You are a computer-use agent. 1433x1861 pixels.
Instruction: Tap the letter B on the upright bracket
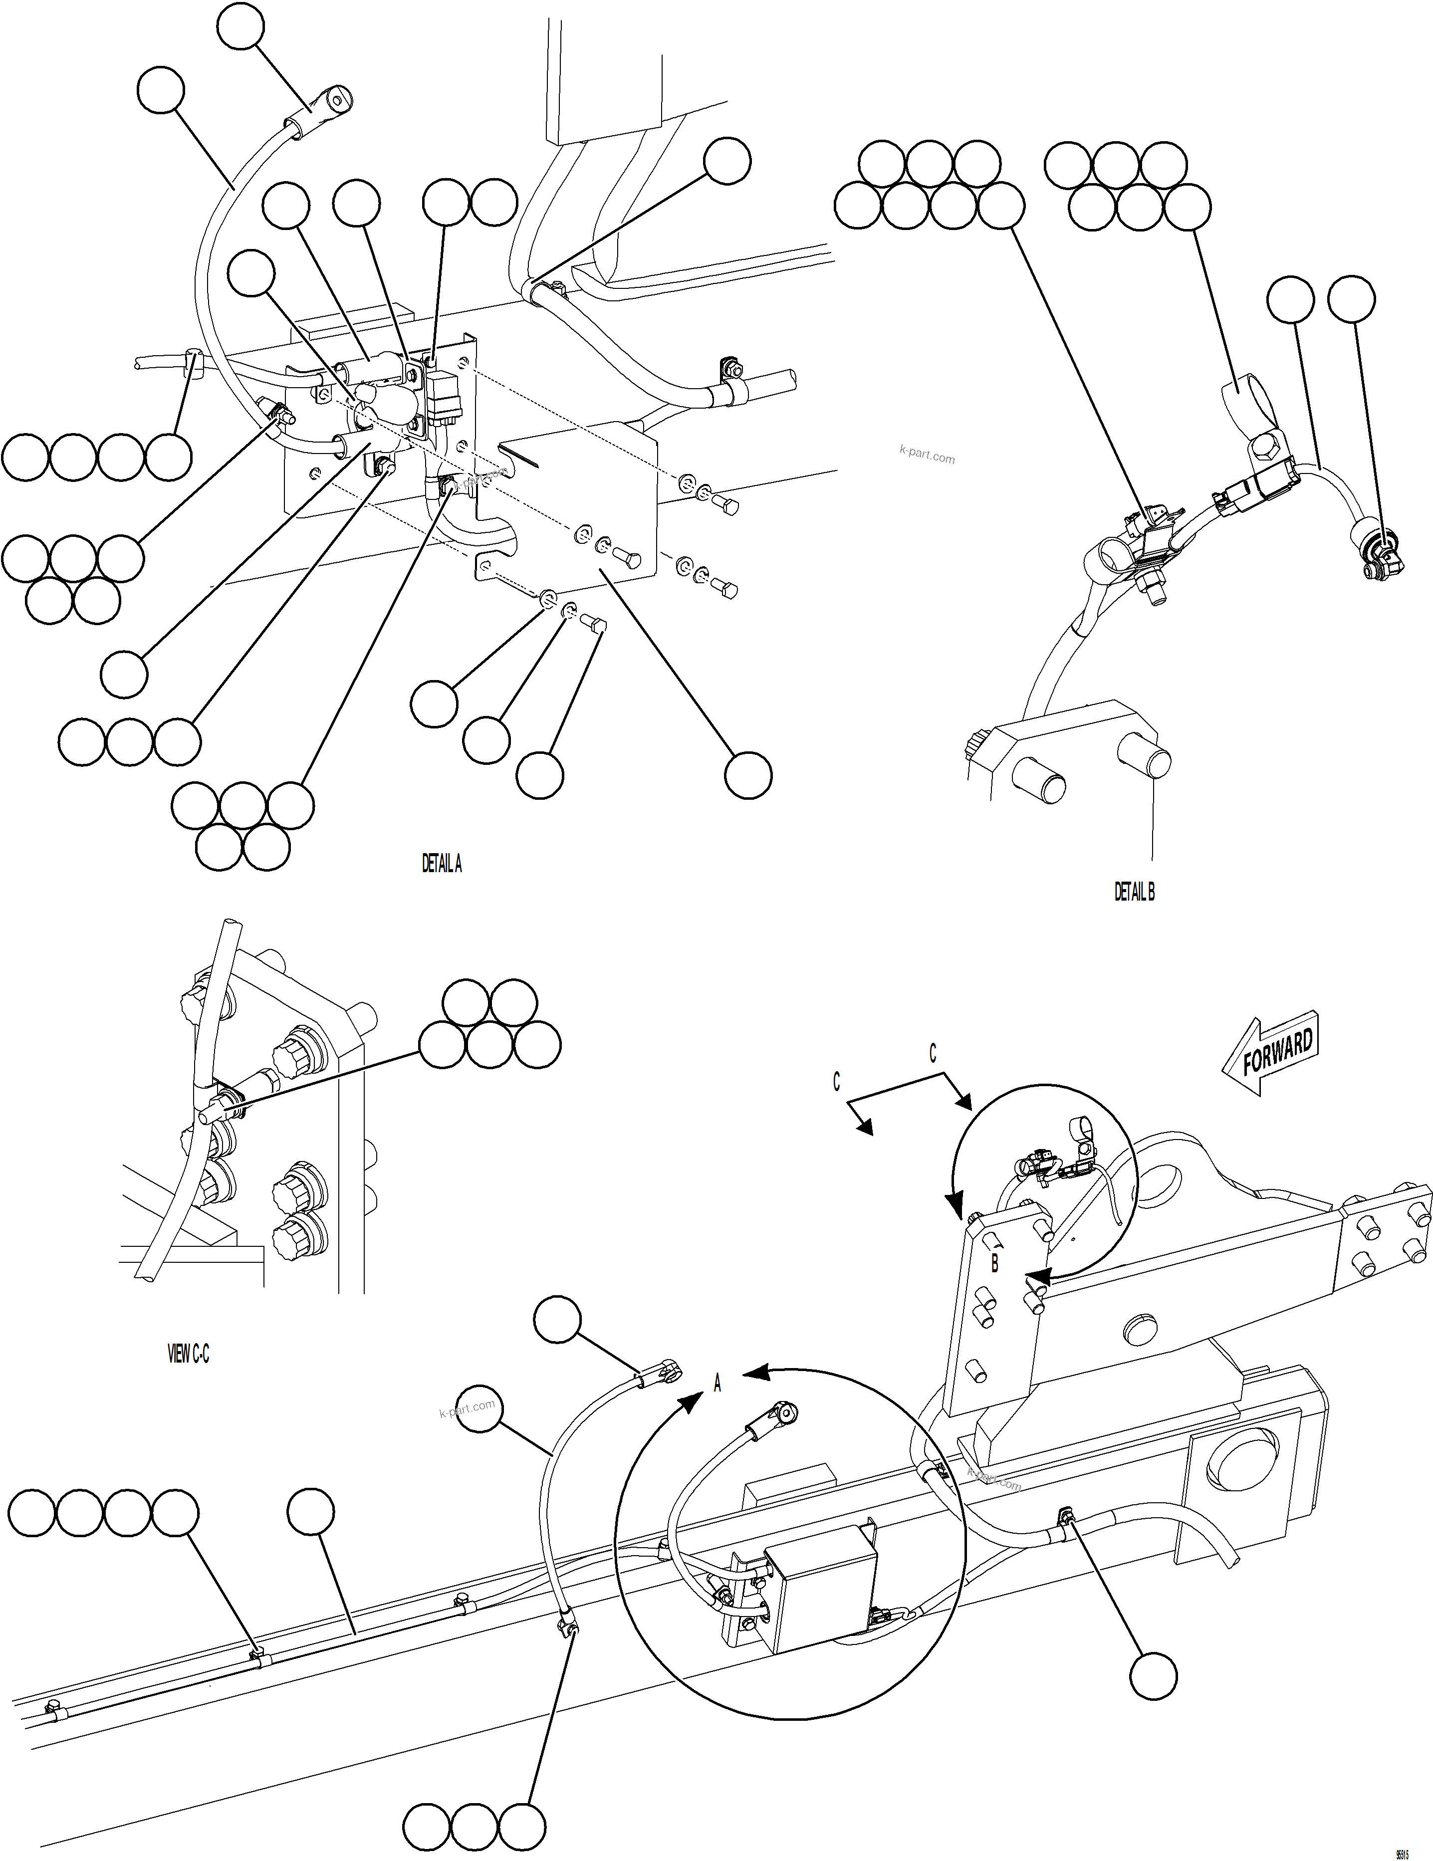(994, 1264)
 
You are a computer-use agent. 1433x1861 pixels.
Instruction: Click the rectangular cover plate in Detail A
(579, 503)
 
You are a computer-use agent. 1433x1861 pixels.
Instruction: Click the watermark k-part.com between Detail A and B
(927, 456)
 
